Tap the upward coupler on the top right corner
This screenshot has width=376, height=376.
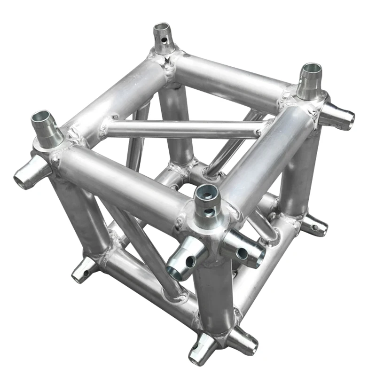[x=311, y=80]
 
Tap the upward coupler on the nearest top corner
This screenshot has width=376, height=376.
[x=207, y=200]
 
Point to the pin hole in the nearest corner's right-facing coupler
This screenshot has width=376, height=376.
[x=242, y=254]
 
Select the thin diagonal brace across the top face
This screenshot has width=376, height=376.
[x=183, y=128]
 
